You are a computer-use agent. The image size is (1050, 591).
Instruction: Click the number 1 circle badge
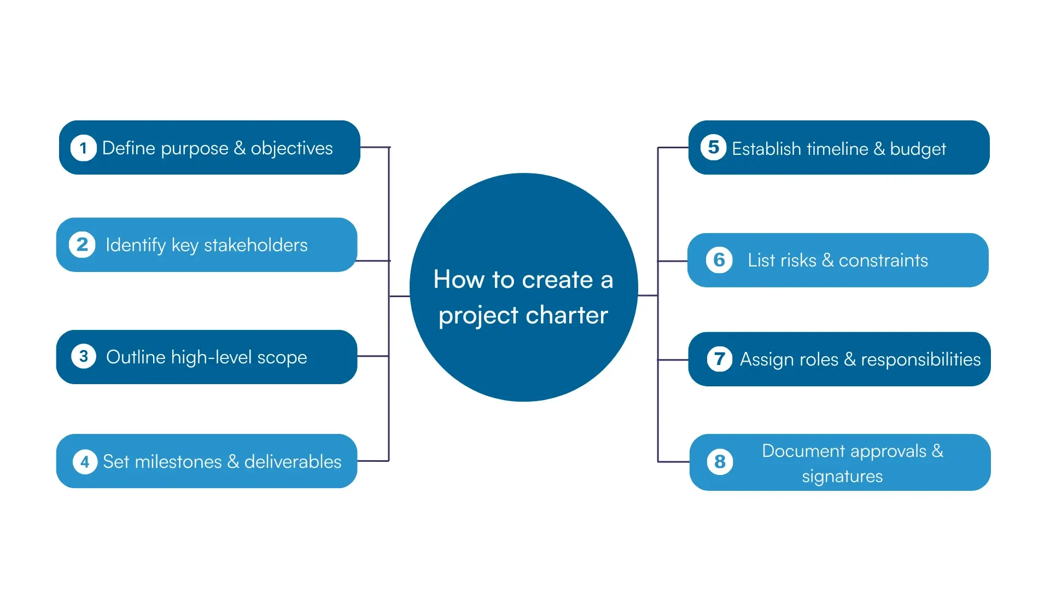click(x=83, y=148)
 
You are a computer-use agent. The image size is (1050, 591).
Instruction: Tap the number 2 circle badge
click(x=82, y=245)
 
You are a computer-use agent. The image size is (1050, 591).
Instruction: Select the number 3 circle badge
click(x=84, y=357)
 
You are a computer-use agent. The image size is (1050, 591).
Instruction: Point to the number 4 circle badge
click(x=85, y=462)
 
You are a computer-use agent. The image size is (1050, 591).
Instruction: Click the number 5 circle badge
click(x=713, y=147)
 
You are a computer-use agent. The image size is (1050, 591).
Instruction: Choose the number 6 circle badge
click(x=719, y=260)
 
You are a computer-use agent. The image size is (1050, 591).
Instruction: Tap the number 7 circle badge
click(x=719, y=360)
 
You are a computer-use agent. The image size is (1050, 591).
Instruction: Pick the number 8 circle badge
click(x=720, y=462)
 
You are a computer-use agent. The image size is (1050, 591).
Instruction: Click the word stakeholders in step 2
click(x=255, y=245)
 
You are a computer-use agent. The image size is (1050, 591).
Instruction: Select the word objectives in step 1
click(x=291, y=148)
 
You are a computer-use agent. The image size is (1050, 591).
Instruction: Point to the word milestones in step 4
click(x=178, y=462)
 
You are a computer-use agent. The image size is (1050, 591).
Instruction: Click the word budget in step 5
click(x=918, y=149)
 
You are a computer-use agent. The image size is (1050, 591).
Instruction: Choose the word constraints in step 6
click(x=883, y=260)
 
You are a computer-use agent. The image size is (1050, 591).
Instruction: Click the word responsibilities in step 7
click(x=920, y=360)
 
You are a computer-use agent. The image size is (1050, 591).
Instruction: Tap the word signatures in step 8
click(x=842, y=476)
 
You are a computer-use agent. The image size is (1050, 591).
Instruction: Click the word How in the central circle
click(x=459, y=280)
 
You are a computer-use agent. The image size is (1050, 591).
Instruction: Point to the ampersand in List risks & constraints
click(x=827, y=260)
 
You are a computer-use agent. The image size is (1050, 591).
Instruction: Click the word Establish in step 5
click(x=766, y=149)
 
